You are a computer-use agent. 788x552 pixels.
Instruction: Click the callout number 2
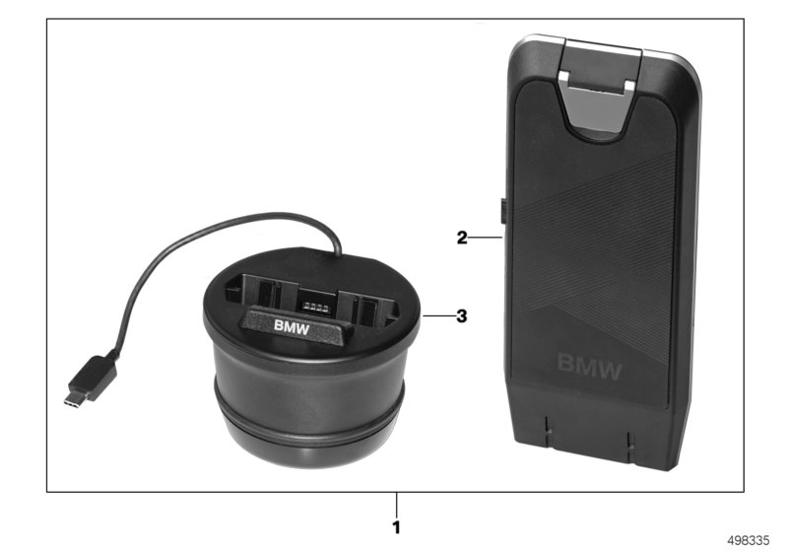pyautogui.click(x=461, y=238)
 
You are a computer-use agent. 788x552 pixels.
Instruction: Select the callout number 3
pyautogui.click(x=461, y=316)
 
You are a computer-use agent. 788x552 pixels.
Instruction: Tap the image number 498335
pyautogui.click(x=752, y=541)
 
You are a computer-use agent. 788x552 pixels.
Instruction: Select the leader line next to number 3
pyautogui.click(x=437, y=316)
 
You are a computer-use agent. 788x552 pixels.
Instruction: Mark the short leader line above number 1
pyautogui.click(x=397, y=499)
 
